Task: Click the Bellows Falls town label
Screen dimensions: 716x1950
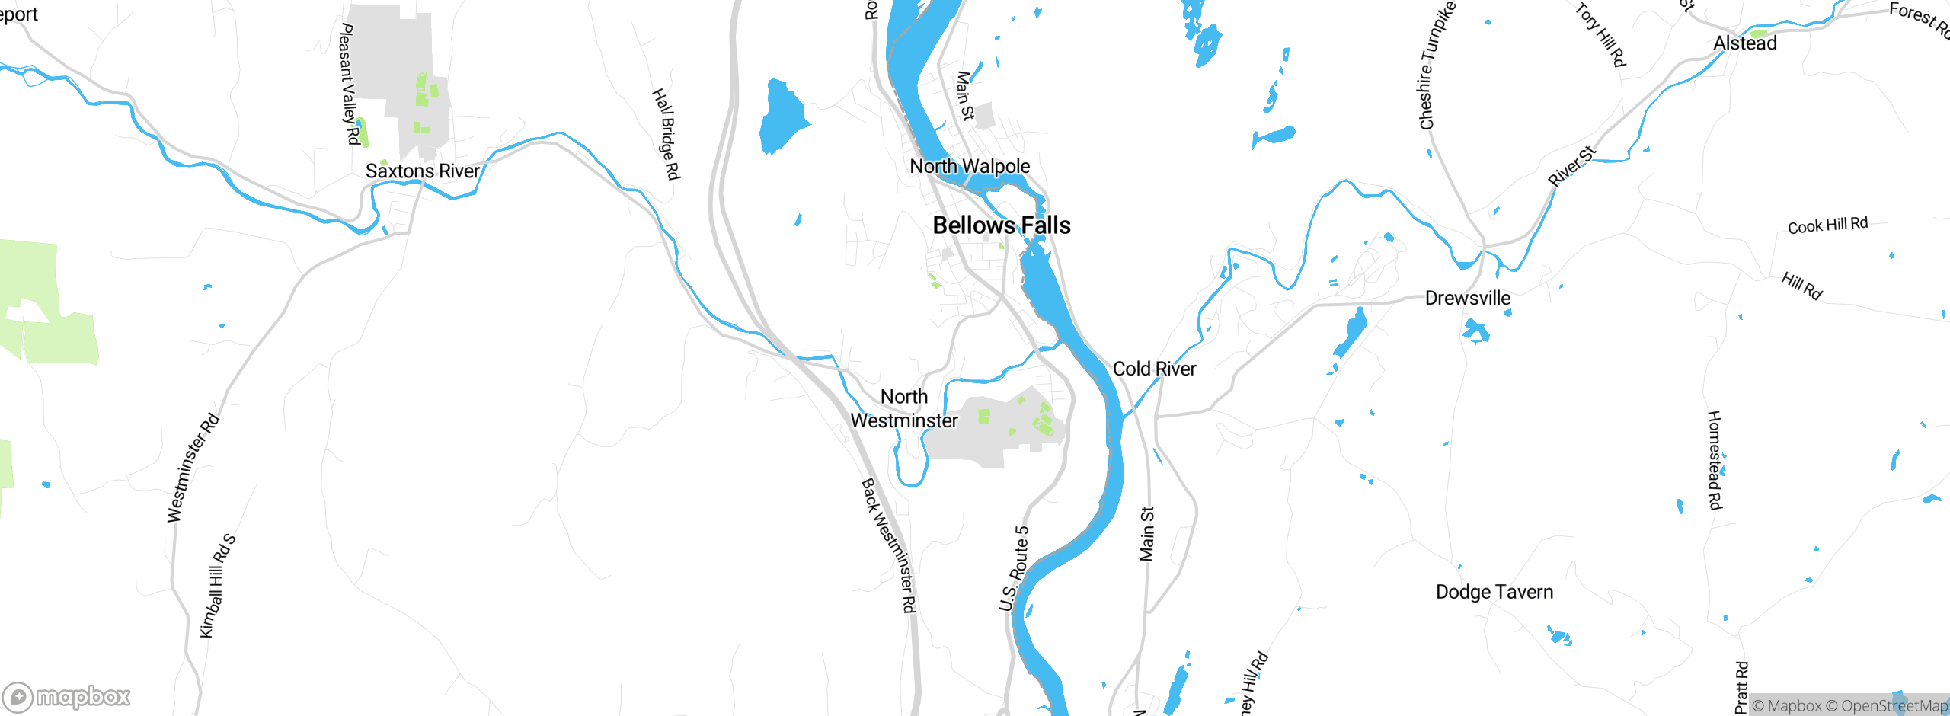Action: [x=1002, y=225]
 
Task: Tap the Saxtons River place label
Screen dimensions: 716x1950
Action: [x=423, y=171]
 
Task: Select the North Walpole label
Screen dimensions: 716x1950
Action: [x=970, y=166]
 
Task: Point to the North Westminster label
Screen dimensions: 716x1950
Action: [x=904, y=409]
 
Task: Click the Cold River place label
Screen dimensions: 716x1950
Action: [x=1154, y=369]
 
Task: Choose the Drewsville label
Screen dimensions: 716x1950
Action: [x=1467, y=298]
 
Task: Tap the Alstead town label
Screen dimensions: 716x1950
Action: [x=1744, y=43]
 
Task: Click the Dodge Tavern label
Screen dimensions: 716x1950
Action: [x=1494, y=592]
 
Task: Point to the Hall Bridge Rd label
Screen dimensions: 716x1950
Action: [x=665, y=134]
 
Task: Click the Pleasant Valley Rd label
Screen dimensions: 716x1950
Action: [x=349, y=84]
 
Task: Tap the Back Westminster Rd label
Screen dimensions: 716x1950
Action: [x=888, y=545]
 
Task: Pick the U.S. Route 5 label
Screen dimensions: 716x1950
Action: [x=1014, y=568]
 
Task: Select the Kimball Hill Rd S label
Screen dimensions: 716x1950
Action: [x=217, y=586]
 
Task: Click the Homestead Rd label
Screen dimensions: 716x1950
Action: [x=1714, y=460]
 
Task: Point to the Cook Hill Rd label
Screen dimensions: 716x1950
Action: [x=1827, y=225]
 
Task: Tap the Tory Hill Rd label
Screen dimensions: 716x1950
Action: [x=1600, y=35]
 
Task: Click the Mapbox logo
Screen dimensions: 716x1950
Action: [x=67, y=696]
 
